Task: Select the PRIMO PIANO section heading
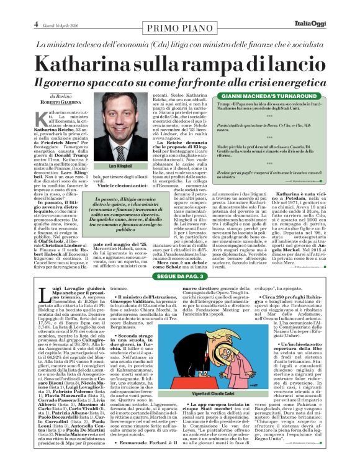tap(180, 27)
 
